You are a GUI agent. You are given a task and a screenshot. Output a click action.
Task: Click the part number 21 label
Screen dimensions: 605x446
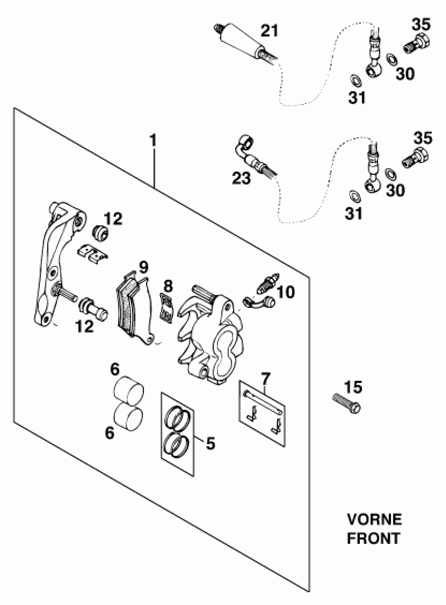269,31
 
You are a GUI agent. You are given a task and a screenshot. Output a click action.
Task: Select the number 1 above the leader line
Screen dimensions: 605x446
153,140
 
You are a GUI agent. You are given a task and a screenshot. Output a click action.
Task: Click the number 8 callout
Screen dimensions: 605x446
168,286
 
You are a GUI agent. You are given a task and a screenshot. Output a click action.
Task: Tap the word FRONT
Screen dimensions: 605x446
373,539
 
